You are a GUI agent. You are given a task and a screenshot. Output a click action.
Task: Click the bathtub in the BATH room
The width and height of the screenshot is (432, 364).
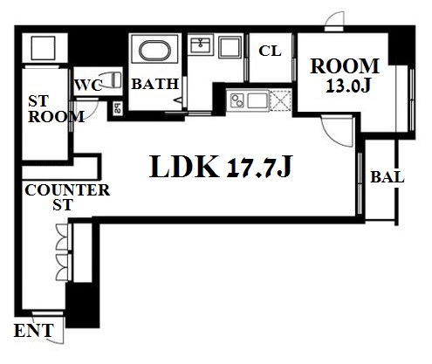[154, 51]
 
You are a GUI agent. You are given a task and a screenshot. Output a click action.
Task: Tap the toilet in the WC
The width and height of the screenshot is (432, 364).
[113, 79]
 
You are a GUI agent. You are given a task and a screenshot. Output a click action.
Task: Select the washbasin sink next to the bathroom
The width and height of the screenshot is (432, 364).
[200, 45]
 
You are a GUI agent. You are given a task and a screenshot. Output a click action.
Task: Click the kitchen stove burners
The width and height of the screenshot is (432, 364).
[237, 100]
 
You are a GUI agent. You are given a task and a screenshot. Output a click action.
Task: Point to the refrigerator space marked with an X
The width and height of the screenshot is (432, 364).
[280, 100]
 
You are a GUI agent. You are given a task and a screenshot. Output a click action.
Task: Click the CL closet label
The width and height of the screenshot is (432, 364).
[270, 52]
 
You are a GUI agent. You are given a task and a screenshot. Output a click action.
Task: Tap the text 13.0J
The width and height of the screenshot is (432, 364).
[347, 86]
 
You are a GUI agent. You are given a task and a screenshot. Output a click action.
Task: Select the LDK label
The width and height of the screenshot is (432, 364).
[184, 166]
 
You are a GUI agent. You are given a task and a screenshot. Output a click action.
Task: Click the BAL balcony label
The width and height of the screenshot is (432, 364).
[387, 177]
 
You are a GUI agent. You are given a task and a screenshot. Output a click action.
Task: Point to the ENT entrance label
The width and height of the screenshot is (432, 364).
[34, 331]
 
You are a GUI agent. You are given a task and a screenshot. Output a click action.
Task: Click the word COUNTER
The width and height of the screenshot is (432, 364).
[67, 190]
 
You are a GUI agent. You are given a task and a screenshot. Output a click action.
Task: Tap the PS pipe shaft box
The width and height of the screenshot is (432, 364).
[117, 108]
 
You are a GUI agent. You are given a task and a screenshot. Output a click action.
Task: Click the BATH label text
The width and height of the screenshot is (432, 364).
[154, 84]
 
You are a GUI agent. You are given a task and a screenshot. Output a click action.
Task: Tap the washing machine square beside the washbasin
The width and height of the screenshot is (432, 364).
[230, 47]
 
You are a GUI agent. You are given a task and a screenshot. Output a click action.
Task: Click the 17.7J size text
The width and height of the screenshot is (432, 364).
[259, 168]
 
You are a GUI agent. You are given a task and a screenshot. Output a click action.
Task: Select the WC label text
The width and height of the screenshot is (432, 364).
[88, 86]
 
